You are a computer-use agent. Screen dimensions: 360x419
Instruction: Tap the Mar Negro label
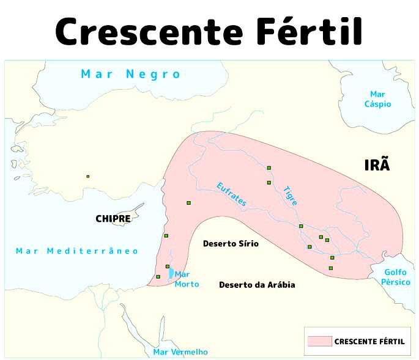[131, 74]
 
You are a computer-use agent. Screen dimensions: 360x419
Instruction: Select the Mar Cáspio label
[377, 99]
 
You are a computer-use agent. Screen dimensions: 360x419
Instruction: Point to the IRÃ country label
[377, 165]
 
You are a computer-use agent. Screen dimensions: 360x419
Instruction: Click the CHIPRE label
[113, 218]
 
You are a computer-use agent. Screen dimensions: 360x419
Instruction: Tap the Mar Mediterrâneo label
[77, 251]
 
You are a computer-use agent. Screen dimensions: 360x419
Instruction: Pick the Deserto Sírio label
[231, 243]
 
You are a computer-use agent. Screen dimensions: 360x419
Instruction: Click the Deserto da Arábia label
[257, 285]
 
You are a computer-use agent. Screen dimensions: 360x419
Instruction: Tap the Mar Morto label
[187, 279]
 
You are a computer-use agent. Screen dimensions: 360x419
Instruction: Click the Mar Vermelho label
[180, 351]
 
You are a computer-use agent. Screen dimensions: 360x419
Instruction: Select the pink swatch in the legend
[320, 341]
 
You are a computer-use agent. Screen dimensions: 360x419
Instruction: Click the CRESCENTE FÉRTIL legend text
[369, 342]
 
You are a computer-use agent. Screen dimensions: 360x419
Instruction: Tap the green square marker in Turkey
[87, 177]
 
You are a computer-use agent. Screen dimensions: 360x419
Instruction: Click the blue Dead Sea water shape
[171, 274]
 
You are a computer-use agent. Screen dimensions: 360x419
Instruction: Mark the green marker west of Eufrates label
[188, 203]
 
